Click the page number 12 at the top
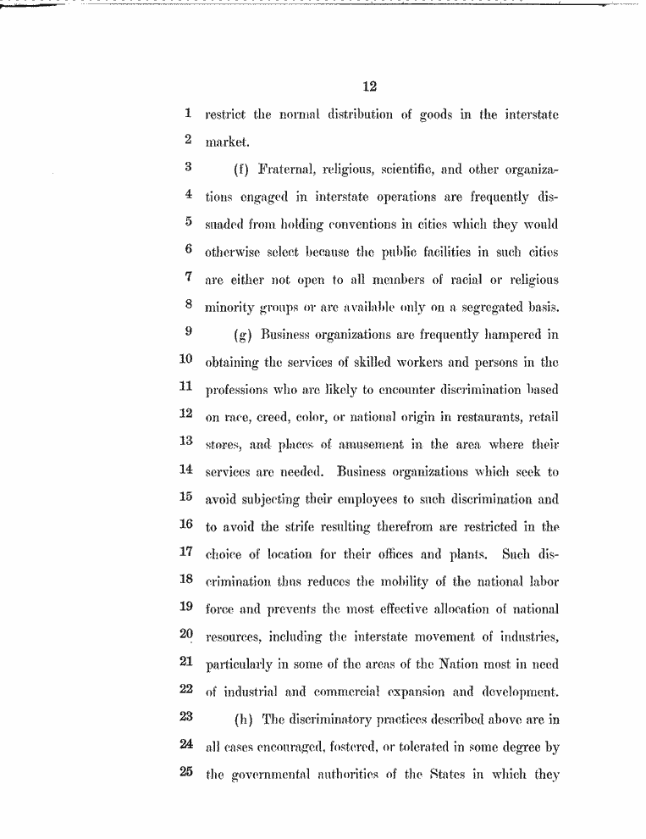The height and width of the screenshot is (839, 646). pyautogui.click(x=368, y=86)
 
